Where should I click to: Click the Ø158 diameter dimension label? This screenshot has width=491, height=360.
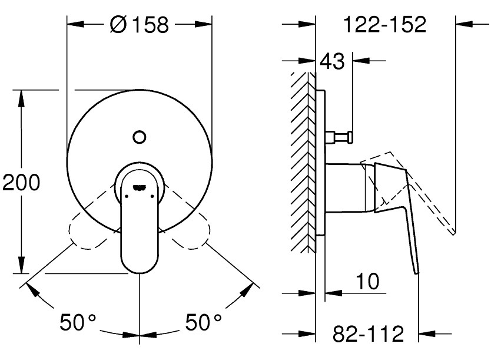[140, 24]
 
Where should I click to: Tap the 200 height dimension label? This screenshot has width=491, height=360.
[21, 182]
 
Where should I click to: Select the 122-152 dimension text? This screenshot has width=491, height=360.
[385, 24]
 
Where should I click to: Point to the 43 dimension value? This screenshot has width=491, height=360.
[332, 61]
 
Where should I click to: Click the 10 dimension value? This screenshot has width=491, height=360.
[367, 281]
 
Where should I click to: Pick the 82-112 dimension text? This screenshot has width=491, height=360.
[369, 333]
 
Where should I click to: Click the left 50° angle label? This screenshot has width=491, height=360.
[78, 322]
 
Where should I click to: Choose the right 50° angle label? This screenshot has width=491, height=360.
[204, 322]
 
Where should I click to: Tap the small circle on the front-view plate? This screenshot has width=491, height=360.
[140, 137]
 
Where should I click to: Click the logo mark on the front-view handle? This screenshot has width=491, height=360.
[140, 187]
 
